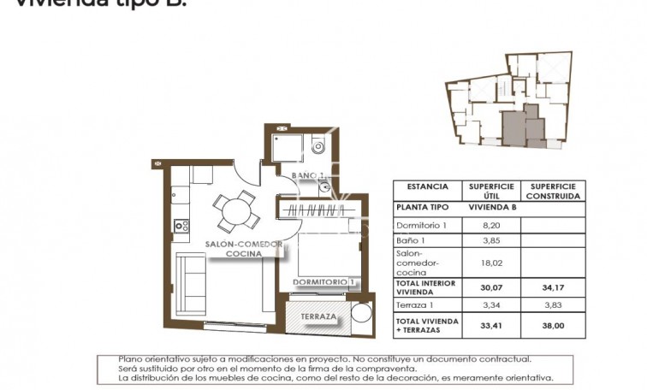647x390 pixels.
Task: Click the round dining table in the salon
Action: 233,210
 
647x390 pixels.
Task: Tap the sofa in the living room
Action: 191,276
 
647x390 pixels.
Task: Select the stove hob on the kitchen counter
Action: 181,226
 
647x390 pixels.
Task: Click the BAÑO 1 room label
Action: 307,176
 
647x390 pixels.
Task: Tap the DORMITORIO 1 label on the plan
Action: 323,281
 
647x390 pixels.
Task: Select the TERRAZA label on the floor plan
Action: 318,316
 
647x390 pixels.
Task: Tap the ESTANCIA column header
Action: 427,186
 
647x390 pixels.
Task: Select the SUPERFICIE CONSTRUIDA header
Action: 552,191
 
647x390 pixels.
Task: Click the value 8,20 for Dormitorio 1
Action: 490,224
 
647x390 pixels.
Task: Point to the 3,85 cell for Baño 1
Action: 490,240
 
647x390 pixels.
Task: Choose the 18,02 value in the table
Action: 490,264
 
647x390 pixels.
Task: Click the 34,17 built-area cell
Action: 552,288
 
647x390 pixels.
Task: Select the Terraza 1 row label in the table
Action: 415,304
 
